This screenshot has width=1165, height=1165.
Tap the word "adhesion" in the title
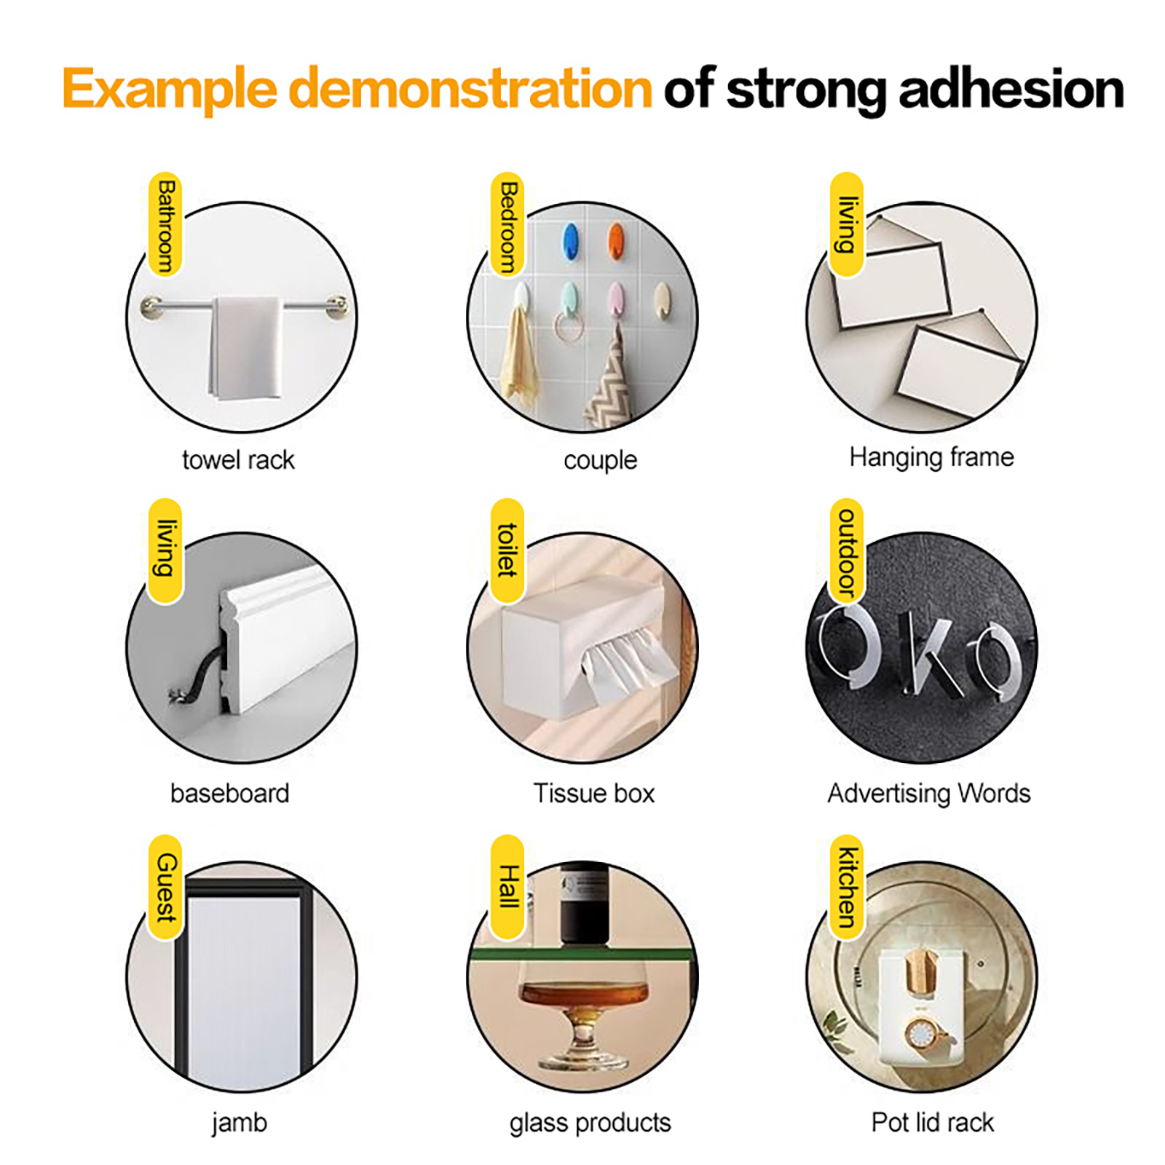pyautogui.click(x=1011, y=89)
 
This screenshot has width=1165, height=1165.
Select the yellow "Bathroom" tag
pyautogui.click(x=165, y=225)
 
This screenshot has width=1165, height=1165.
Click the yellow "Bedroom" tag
pyautogui.click(x=508, y=225)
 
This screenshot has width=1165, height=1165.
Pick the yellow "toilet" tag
pyautogui.click(x=508, y=551)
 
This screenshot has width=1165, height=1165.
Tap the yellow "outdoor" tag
pyautogui.click(x=847, y=551)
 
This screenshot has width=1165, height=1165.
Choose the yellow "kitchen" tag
pyautogui.click(x=847, y=888)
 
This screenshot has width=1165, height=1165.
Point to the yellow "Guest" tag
pyautogui.click(x=165, y=888)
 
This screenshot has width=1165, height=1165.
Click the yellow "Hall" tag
pyautogui.click(x=508, y=888)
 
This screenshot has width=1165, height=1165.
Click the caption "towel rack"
pyautogui.click(x=238, y=460)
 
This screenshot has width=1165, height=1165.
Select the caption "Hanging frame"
pyautogui.click(x=931, y=458)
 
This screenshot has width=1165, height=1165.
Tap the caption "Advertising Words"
pyautogui.click(x=929, y=793)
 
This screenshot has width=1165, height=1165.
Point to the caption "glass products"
pyautogui.click(x=590, y=1123)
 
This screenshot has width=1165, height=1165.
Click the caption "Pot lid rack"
pyautogui.click(x=932, y=1122)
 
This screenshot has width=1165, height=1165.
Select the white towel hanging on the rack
pyautogui.click(x=245, y=348)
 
